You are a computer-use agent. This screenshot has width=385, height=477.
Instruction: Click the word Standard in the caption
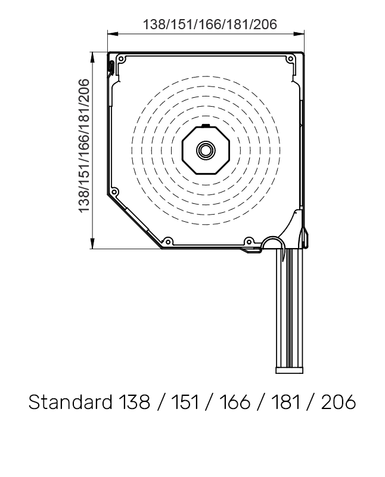click(68, 402)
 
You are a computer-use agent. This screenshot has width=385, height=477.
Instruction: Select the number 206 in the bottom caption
click(338, 402)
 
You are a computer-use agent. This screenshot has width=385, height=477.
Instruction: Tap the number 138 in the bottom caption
click(131, 402)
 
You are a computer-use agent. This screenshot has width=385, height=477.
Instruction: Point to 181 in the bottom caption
click(287, 402)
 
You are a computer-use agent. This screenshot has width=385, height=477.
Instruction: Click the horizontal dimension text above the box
click(210, 24)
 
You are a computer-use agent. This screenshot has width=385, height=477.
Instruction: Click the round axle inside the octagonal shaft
click(206, 150)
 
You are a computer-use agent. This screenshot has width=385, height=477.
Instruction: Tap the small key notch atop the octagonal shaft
click(206, 126)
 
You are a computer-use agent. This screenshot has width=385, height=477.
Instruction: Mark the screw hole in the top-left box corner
click(122, 60)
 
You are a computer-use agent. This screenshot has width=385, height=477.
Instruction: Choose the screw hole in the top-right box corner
click(290, 60)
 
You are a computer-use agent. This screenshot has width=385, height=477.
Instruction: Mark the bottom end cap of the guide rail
click(290, 370)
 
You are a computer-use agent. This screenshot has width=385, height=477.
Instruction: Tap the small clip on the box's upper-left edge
click(111, 67)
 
